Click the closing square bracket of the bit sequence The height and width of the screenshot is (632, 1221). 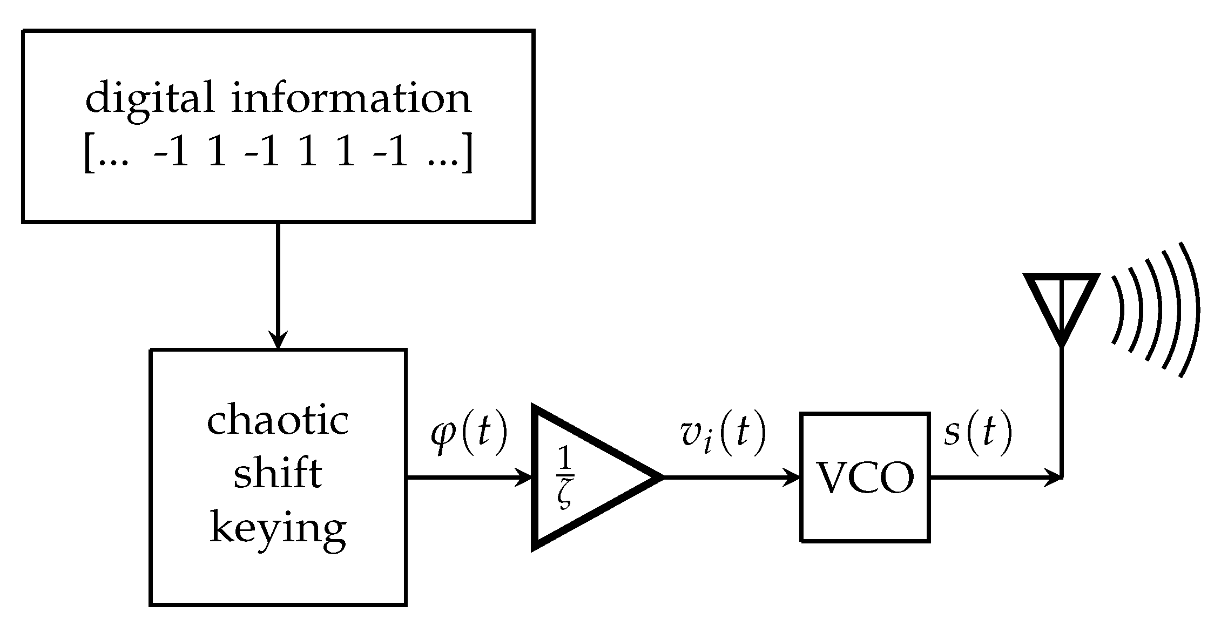(468, 154)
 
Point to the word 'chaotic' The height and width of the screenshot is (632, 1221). (278, 422)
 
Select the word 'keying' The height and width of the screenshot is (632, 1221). (278, 529)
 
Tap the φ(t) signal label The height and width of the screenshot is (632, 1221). (469, 435)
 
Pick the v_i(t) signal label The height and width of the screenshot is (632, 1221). (723, 435)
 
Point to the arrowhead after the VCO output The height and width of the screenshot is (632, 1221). (1054, 477)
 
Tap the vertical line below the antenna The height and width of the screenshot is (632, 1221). (1061, 411)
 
